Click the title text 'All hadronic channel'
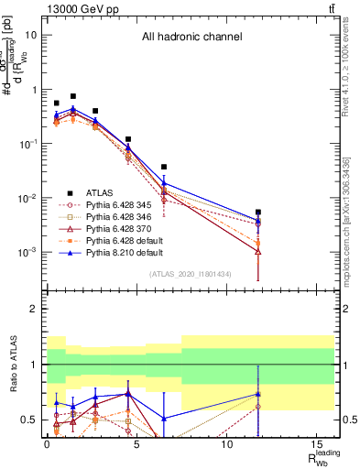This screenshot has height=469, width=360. pos(191,38)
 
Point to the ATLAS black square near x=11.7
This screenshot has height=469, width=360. pos(258,212)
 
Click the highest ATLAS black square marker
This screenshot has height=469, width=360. pos(73,96)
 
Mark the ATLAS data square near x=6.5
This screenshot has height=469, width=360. pos(164,168)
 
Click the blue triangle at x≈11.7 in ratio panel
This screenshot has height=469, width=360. pos(258,394)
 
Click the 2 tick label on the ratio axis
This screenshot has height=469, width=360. pos(36,310)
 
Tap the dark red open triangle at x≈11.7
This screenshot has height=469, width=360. pos(258,251)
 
